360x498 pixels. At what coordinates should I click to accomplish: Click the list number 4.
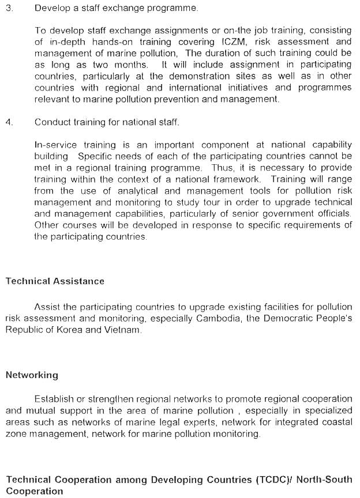tap(9, 122)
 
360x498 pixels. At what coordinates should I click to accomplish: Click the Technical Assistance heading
tap(55, 281)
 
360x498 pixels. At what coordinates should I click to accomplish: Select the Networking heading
tap(32, 375)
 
